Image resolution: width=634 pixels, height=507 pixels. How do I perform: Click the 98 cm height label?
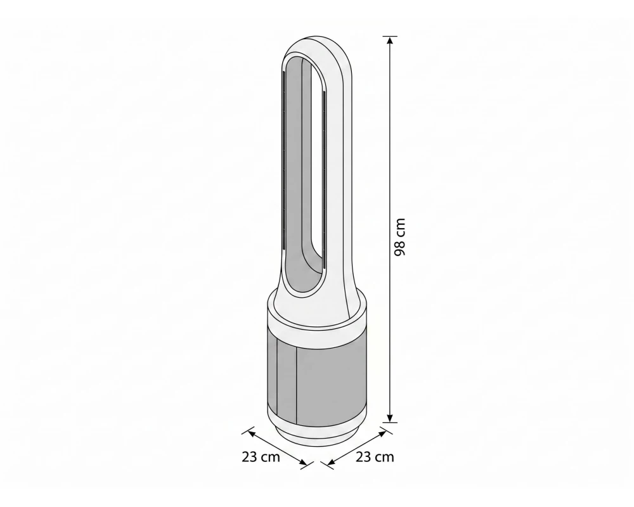coord(399,237)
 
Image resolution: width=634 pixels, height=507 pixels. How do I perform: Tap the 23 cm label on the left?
coord(261,458)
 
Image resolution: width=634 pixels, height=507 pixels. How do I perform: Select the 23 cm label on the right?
coord(375,457)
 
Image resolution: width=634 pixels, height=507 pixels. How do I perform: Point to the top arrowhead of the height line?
coord(389,41)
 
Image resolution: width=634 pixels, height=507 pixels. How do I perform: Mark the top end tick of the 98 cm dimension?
coord(389,36)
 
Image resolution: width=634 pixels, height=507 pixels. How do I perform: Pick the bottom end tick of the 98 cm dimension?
coord(390,423)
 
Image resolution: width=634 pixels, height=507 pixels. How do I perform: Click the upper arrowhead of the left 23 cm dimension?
coord(252,433)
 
